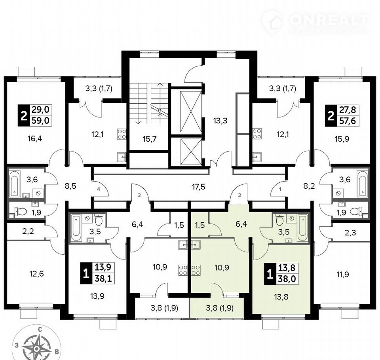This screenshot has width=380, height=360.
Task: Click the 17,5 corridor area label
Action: (x=198, y=187)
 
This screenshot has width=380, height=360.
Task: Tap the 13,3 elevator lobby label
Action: (x=220, y=120)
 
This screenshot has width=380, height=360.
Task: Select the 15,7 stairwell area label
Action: (x=150, y=139)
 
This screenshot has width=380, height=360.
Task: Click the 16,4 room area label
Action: (x=35, y=139)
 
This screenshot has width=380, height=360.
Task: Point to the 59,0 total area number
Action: (x=40, y=120)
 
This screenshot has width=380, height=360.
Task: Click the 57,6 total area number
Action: (x=348, y=120)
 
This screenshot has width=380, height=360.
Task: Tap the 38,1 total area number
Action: (x=103, y=279)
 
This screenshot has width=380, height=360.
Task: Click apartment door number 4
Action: (x=99, y=189)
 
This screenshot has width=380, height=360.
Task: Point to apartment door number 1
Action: (x=280, y=189)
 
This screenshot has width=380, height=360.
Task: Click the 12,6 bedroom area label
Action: (x=37, y=274)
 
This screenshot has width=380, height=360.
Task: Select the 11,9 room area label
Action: (x=342, y=275)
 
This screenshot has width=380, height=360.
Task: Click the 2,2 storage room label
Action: (x=28, y=231)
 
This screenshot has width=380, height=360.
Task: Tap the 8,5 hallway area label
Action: (x=70, y=186)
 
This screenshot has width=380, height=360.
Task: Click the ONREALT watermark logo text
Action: (x=329, y=20)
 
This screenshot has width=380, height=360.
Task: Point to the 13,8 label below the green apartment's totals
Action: (x=281, y=297)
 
